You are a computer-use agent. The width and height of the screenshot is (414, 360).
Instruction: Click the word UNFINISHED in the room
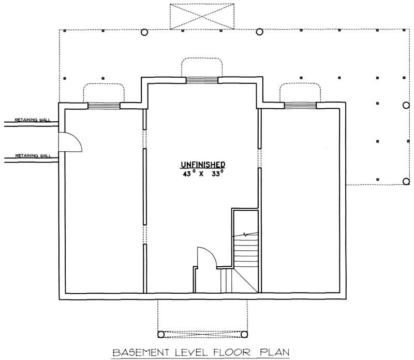[202, 165]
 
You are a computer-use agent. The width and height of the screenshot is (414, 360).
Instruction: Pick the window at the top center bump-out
[202, 80]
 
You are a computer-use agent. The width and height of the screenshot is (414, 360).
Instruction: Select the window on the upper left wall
[103, 106]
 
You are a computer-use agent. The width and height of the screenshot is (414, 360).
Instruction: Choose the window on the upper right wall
[300, 106]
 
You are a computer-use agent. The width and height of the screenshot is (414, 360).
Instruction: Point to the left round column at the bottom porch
[160, 334]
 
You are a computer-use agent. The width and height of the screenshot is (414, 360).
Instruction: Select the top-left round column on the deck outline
[144, 32]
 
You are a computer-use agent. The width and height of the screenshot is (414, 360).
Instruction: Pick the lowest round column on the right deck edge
[406, 181]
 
